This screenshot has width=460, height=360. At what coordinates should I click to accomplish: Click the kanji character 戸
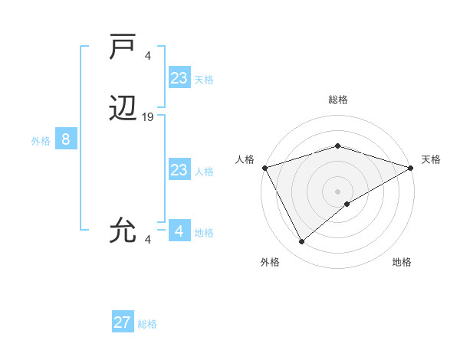(123, 47)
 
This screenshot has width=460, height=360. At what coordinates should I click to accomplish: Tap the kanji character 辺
(123, 110)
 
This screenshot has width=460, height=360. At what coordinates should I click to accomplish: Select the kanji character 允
(123, 229)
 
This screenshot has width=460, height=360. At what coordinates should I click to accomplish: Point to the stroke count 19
(148, 117)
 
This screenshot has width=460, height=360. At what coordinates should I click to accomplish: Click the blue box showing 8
(66, 139)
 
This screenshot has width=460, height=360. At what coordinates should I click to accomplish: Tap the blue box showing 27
(123, 322)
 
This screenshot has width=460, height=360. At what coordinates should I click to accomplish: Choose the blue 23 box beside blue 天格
(179, 78)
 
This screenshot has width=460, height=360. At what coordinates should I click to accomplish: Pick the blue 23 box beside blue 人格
(179, 170)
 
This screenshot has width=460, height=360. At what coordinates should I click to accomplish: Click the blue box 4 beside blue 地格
(179, 231)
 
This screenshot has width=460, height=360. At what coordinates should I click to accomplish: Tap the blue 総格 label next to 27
(147, 324)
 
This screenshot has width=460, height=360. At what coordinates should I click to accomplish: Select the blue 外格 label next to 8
(41, 141)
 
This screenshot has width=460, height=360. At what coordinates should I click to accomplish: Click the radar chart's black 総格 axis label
(337, 100)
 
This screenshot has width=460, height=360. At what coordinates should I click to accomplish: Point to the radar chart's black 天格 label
(431, 159)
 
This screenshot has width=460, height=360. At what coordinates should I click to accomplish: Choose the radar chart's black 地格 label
(402, 262)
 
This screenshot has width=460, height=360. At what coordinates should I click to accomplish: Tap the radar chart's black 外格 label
(270, 262)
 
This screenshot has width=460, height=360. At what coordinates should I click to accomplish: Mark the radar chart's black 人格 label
(245, 159)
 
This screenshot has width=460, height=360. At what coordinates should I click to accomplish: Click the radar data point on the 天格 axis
(411, 168)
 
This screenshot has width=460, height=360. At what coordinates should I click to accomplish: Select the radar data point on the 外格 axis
(302, 242)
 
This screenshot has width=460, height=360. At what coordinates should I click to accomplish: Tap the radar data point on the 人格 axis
(264, 168)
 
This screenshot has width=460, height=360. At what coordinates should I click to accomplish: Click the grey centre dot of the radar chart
(337, 191)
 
